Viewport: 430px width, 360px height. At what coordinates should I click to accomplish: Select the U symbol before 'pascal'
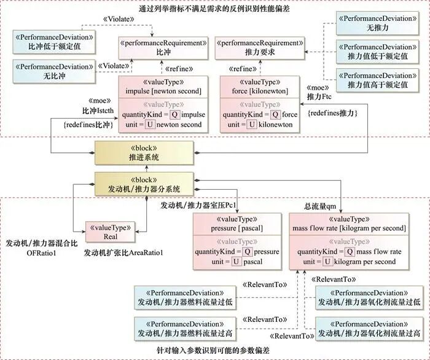pyautogui.click(x=237, y=262)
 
